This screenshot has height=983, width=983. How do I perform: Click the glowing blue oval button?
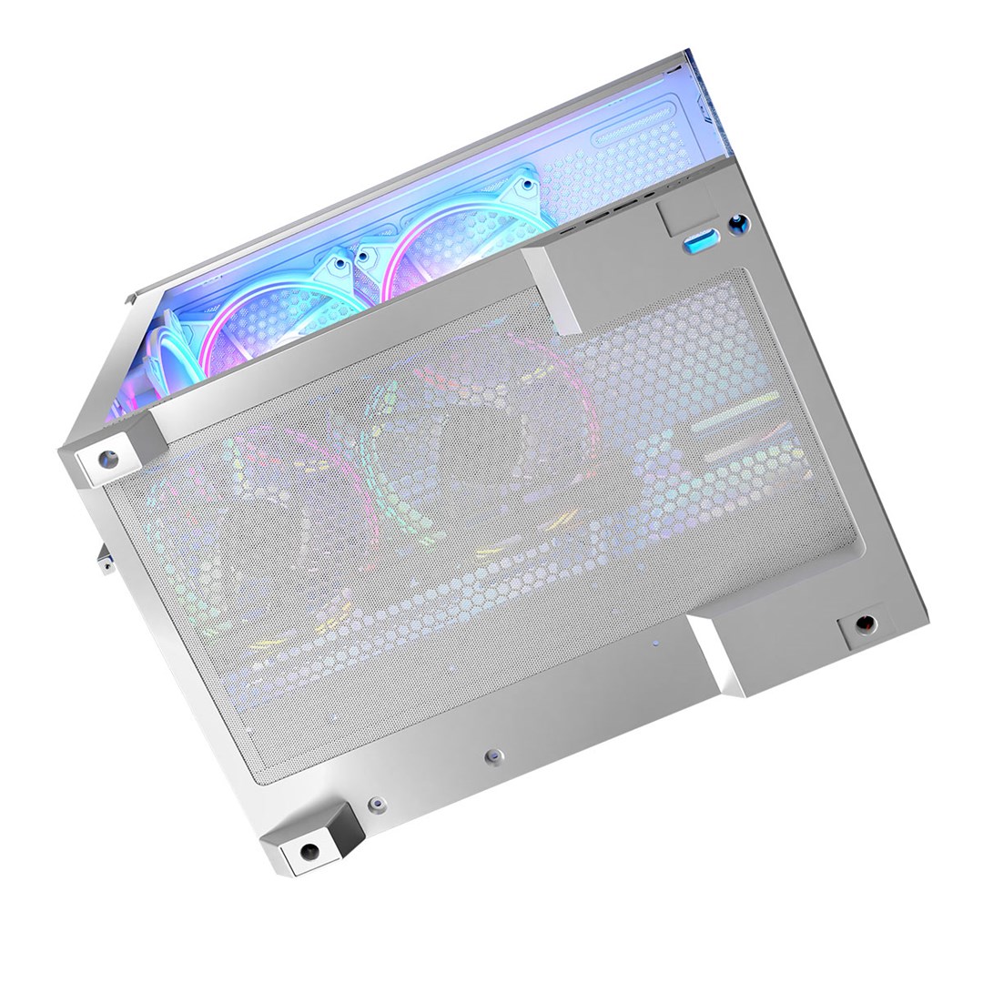point(702,240)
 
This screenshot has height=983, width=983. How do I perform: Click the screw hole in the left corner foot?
point(108,459)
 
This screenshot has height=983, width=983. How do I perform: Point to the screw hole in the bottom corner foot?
point(309,852)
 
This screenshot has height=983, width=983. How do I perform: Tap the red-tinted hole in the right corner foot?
point(866,624)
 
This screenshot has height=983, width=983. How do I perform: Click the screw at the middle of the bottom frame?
point(494,755)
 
